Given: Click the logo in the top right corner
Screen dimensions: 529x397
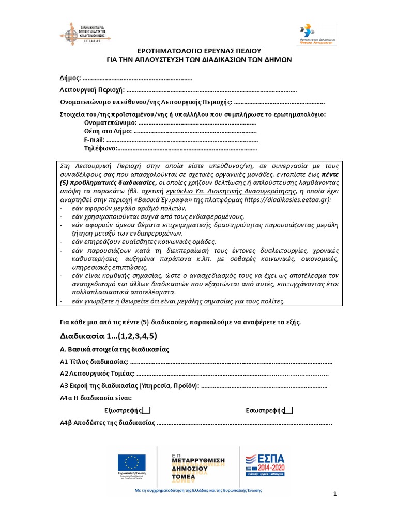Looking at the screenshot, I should tap(318, 34).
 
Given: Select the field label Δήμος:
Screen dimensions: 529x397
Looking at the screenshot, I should tap(70, 79).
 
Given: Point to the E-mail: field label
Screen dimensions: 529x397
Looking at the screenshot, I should tap(94, 140).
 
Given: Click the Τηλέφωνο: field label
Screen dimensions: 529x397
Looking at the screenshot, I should tap(101, 149).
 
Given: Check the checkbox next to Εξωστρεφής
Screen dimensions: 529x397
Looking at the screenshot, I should tap(146, 410).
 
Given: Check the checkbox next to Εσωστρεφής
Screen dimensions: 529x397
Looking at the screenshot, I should tap(289, 410).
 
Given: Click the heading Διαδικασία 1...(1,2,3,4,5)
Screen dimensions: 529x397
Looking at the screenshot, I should tap(109, 336).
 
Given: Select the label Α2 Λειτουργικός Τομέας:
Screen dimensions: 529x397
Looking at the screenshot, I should tap(98, 374).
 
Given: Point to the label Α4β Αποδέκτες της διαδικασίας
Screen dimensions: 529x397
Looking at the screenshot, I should tap(108, 423).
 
